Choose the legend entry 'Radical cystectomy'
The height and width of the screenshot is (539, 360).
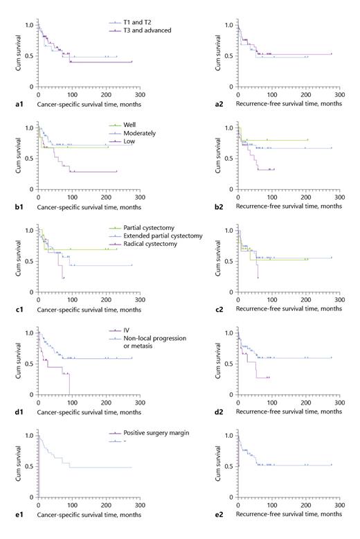[153, 243]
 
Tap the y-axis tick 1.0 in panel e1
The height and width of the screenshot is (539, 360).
[28, 435]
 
